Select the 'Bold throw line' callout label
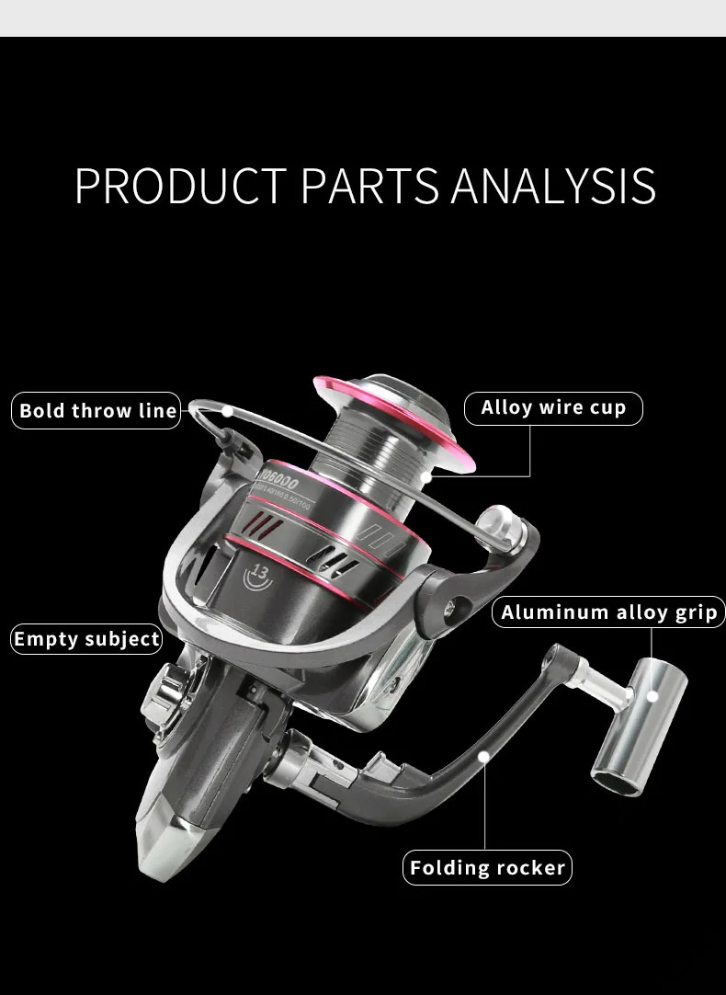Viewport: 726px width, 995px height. point(98,410)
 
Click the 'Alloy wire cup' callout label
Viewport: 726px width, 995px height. point(553,407)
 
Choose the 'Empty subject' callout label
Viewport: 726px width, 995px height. point(87,638)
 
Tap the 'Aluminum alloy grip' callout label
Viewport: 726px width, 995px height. point(609,612)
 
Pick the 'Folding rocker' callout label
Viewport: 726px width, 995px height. point(487,867)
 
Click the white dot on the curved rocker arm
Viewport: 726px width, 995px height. point(485,755)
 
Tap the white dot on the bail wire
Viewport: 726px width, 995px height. point(227,411)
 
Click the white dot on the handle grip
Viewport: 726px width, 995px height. point(653,696)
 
